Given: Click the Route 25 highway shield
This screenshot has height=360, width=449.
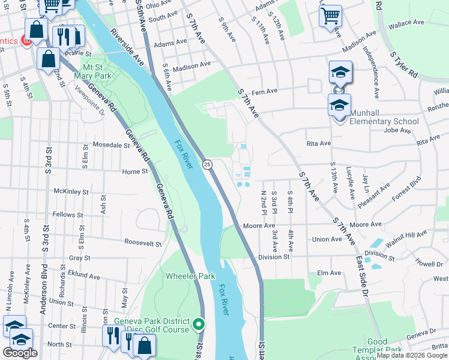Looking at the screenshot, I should coord(206,164).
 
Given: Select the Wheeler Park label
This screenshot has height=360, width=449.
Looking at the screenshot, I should coord(190,277).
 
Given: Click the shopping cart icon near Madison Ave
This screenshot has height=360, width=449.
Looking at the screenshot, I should coord(330,16).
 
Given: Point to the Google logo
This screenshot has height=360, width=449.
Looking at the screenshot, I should coord(20,353).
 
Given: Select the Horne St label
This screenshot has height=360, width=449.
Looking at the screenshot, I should coord(135,172).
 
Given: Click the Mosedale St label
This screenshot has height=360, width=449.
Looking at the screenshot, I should coord(115,145).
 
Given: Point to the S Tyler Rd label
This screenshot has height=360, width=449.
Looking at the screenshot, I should coord(403,64).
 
